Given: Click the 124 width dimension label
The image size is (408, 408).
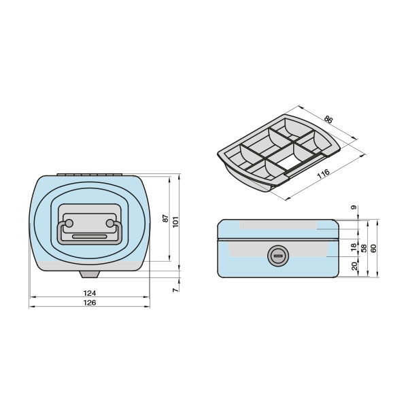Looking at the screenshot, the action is pos(90,293).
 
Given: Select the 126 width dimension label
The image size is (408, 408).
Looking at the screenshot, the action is pos(90,303).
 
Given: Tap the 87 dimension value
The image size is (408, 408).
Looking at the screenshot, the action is pos(166,218).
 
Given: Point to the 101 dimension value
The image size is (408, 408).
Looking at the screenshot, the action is pos(176,222).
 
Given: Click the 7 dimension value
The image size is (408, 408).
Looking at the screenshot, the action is pos(176,290).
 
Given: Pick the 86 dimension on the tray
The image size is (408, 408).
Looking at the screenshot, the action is pos(328,120).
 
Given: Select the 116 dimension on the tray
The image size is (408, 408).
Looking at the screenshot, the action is pos(324,174).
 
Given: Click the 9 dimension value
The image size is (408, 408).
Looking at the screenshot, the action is pos(354,207).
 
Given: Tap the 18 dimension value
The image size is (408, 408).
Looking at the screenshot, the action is pos(354,248).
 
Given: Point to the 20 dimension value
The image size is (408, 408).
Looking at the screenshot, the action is pos(354,266).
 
